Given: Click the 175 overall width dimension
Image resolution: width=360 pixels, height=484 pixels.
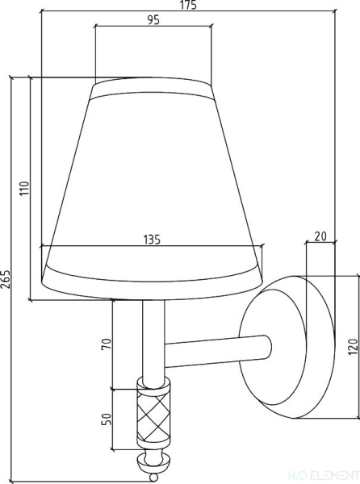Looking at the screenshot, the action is tap(188, 5).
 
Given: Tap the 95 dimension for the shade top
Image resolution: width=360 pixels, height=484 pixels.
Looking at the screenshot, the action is tap(153, 19).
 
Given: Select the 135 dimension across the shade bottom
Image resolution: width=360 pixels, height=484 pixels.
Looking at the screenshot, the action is tap(152, 240).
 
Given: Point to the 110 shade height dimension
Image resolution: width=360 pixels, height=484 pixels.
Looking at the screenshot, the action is tap(24, 188).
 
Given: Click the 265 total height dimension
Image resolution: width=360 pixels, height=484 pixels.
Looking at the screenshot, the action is tap(6, 279).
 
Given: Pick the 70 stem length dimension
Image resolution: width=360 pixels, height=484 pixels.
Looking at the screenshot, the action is tap(106, 344).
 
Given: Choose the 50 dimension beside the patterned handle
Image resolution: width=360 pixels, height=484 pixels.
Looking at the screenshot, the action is tap(106, 419).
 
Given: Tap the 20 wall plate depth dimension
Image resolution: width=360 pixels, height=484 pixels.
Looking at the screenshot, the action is tap(320, 236).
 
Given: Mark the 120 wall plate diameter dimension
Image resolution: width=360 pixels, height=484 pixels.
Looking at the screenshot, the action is tap(354, 346).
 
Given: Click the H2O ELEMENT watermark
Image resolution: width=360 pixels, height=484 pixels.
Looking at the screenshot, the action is tap(324, 475).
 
